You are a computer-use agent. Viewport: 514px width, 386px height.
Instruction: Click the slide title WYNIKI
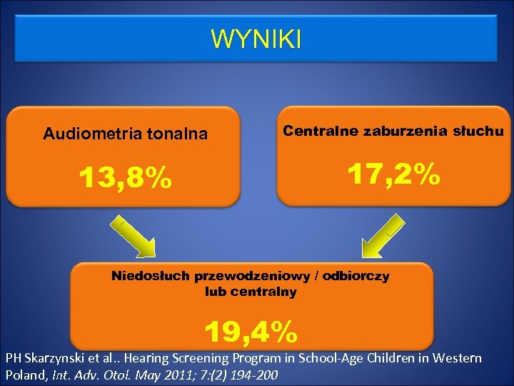tap(256, 39)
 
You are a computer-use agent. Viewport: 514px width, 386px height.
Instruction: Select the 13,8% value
tap(125, 179)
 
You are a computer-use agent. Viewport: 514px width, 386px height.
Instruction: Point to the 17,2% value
tap(393, 174)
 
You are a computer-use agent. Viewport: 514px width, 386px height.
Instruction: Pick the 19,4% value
tap(251, 331)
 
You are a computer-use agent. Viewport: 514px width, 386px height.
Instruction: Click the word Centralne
tap(321, 131)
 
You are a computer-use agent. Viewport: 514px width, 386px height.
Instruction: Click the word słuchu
tap(479, 131)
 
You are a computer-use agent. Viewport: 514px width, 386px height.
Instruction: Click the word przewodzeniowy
tap(258, 277)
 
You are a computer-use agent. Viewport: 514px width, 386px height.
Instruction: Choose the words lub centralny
tap(251, 292)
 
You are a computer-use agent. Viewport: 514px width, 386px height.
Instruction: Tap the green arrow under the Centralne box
tap(383, 237)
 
